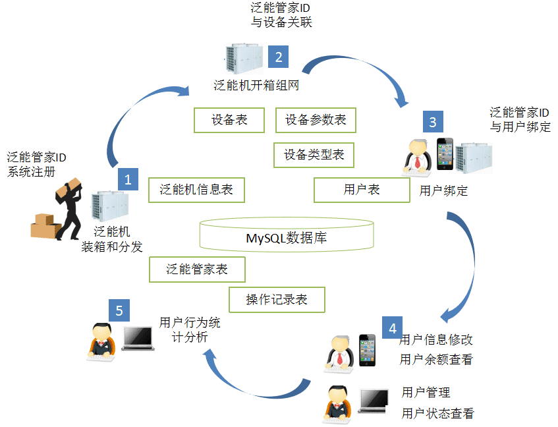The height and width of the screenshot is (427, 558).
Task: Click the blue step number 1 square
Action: pos(127,178)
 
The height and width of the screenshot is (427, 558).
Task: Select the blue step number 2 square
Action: pos(278,57)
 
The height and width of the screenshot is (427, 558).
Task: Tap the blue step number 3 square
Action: pos(432,121)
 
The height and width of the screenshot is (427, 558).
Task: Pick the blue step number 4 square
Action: pos(393,327)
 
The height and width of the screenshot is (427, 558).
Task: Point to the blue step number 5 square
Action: pos(119,310)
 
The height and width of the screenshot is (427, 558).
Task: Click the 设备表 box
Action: pos(229,120)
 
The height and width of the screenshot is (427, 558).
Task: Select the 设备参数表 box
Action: pos(316,120)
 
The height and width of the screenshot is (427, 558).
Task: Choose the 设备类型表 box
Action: pos(314,155)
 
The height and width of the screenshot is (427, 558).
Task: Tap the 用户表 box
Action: pos(362,190)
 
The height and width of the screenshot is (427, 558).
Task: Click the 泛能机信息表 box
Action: pos(196,190)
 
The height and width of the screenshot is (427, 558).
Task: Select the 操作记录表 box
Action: pos(277,299)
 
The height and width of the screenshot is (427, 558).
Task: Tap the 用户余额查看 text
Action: pos(436,360)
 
